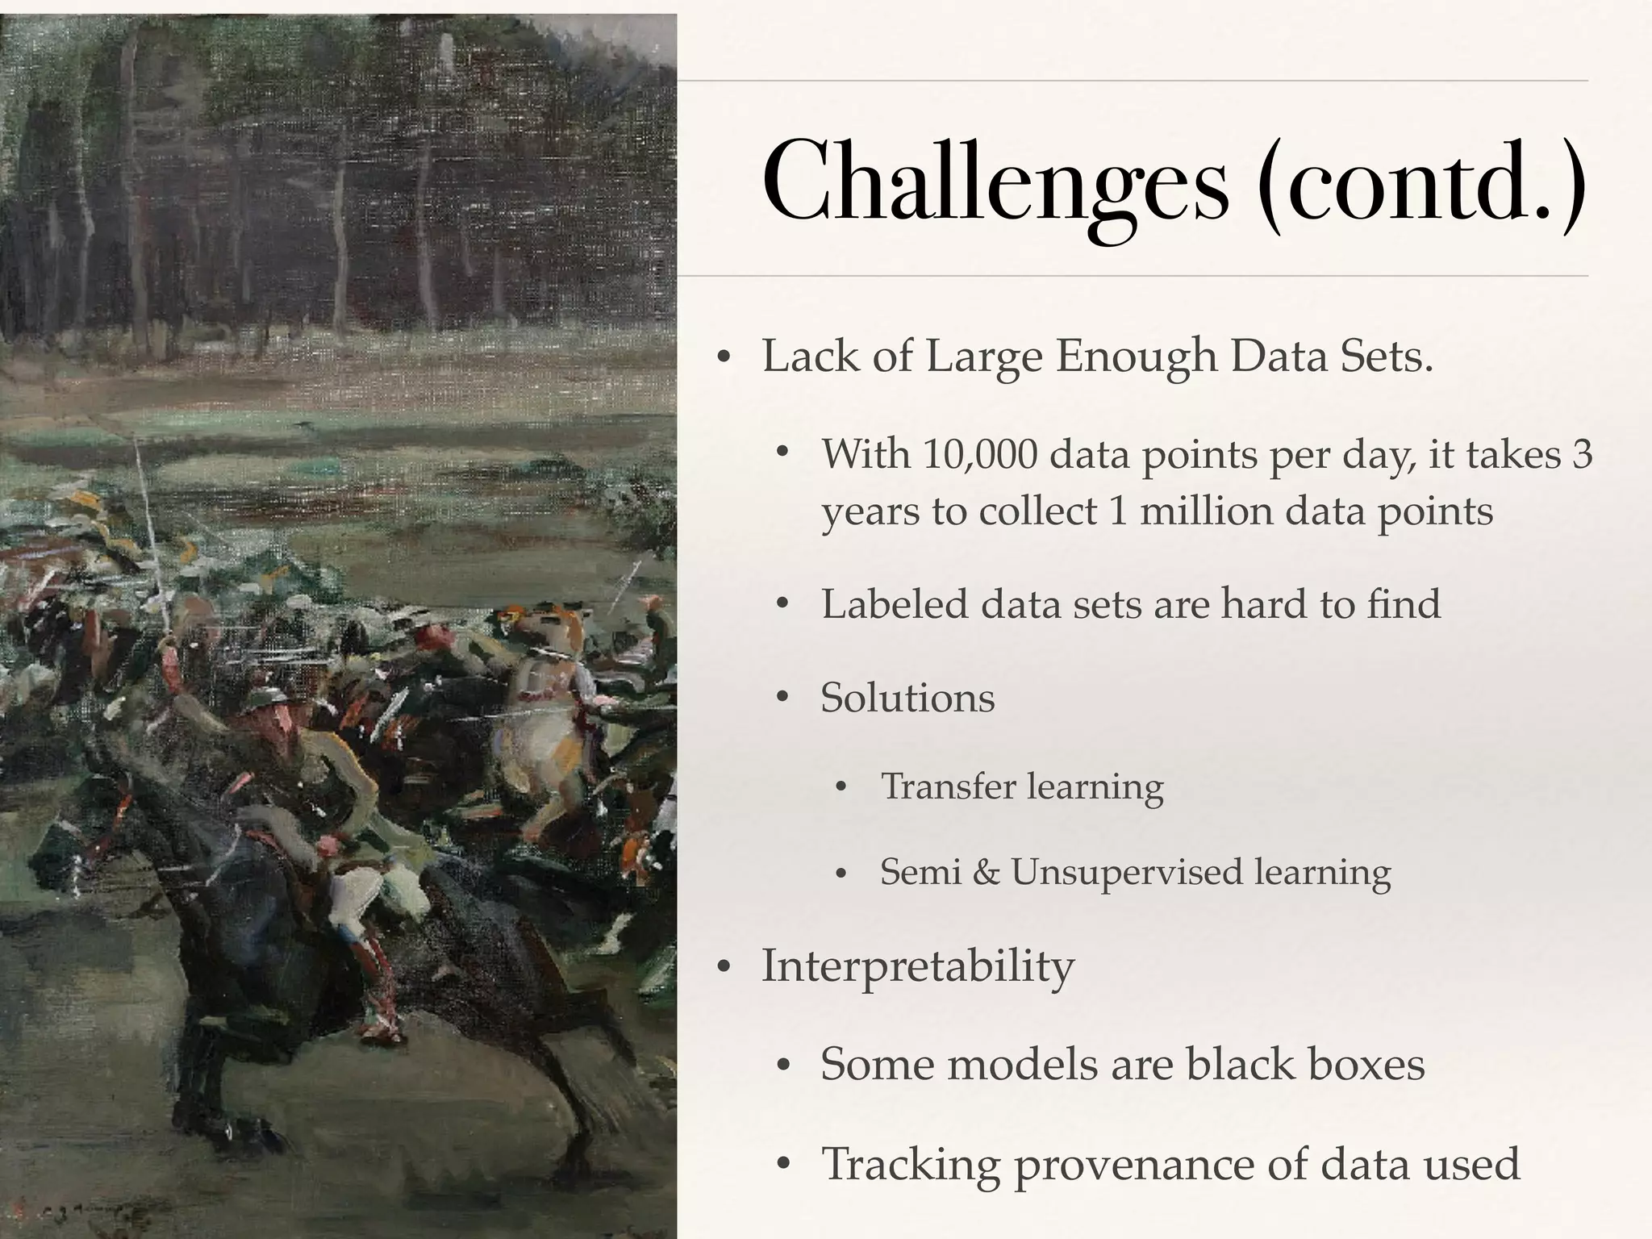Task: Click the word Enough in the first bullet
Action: (1137, 356)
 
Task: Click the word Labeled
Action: (894, 603)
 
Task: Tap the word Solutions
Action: (907, 697)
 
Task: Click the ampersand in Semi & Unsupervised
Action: (986, 872)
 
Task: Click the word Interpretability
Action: (918, 966)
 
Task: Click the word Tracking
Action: (910, 1164)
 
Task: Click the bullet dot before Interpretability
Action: (724, 966)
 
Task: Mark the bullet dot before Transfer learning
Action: (841, 787)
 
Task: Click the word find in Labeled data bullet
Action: (1403, 603)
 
